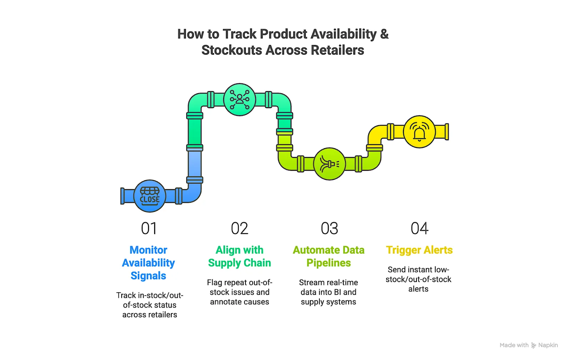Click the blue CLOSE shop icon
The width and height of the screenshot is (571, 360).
(x=150, y=196)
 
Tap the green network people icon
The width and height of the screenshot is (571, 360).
(x=239, y=100)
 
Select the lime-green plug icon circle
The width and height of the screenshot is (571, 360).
(x=329, y=164)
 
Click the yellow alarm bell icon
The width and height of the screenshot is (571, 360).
(x=419, y=132)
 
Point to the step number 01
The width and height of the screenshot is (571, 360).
(x=149, y=229)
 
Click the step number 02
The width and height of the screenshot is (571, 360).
(x=239, y=229)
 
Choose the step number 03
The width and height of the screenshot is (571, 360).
(x=329, y=229)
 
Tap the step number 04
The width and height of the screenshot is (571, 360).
(x=419, y=229)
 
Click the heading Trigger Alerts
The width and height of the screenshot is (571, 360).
(x=419, y=250)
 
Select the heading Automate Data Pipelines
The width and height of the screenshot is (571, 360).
(x=329, y=256)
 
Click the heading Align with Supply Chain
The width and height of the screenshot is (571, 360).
(x=239, y=256)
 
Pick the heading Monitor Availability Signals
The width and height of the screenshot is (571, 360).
(x=148, y=263)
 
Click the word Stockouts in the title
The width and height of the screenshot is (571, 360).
(x=232, y=50)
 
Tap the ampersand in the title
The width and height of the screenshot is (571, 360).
(x=384, y=34)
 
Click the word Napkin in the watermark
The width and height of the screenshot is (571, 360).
(x=548, y=345)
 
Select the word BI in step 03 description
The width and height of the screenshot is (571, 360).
(x=338, y=292)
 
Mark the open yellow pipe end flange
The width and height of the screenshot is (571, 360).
(x=447, y=132)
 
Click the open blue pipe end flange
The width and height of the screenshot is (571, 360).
(x=122, y=196)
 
